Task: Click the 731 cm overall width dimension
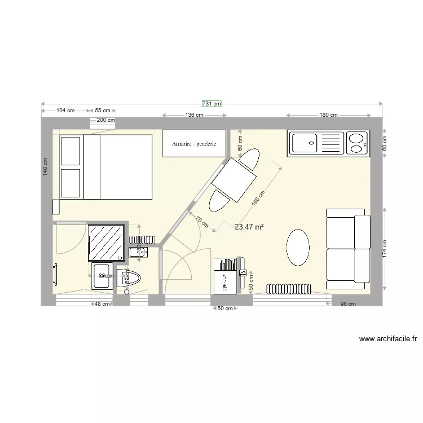(x=212, y=104)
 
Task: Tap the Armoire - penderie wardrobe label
(x=195, y=144)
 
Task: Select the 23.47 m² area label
(x=249, y=227)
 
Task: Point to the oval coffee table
(x=298, y=247)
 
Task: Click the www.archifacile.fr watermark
(x=387, y=339)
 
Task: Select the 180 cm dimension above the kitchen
(x=328, y=115)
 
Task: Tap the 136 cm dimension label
(x=194, y=115)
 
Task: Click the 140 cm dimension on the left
(x=46, y=166)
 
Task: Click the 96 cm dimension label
(x=347, y=305)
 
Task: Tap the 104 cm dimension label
(x=67, y=111)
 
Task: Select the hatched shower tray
(x=105, y=241)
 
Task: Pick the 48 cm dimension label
(x=102, y=305)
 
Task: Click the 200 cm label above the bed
(x=105, y=120)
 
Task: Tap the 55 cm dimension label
(x=102, y=111)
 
